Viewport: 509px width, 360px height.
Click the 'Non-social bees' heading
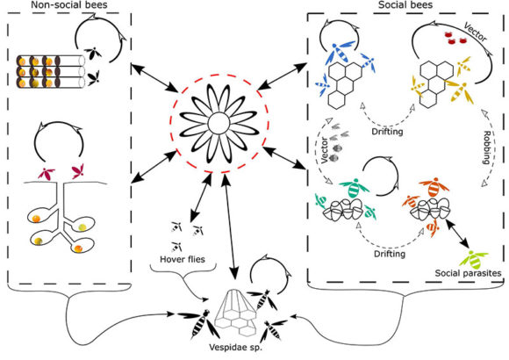click(x=68, y=5)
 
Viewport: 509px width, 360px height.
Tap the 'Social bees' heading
click(x=405, y=5)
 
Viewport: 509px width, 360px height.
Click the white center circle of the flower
click(x=219, y=124)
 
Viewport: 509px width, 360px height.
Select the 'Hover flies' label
click(x=183, y=259)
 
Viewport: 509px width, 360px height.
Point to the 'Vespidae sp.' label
click(x=235, y=347)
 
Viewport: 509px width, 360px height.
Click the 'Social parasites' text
click(x=468, y=273)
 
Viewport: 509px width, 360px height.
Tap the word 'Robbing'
click(x=486, y=148)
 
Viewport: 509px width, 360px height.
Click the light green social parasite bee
click(x=474, y=259)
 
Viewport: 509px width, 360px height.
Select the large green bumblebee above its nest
click(x=355, y=188)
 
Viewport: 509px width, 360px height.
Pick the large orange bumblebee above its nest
click(x=434, y=187)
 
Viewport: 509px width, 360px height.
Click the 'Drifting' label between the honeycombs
click(x=387, y=132)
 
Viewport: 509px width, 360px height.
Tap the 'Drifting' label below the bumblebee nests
click(x=390, y=254)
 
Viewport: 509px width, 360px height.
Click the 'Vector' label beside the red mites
click(x=476, y=32)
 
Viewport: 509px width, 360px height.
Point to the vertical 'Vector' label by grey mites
click(x=325, y=150)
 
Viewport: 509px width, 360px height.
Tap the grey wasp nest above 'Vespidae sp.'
click(x=236, y=313)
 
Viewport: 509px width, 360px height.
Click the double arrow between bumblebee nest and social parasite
click(x=457, y=233)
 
